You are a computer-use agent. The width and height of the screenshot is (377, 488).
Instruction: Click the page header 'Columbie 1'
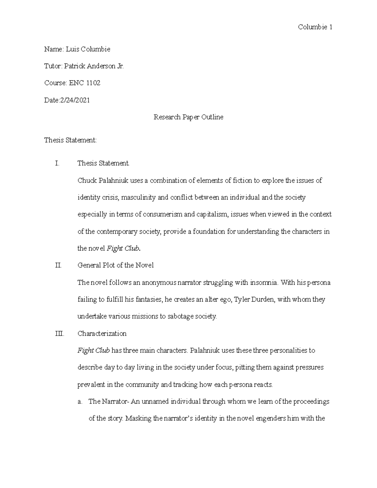(315, 27)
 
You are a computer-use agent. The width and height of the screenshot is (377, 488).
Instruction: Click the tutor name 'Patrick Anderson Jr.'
(94, 66)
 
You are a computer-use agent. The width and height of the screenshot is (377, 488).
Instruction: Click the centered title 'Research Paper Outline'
(188, 117)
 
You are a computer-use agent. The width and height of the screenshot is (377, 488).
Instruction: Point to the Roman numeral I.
(57, 163)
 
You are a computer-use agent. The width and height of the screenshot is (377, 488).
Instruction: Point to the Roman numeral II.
(58, 265)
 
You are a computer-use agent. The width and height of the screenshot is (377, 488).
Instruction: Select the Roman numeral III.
(59, 333)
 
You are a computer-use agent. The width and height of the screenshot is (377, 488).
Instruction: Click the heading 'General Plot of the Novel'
(115, 265)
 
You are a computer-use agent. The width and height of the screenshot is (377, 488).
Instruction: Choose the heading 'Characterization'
(102, 333)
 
